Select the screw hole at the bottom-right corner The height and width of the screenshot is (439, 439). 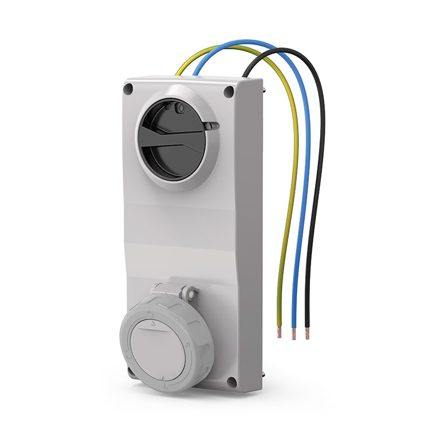(x=232, y=381)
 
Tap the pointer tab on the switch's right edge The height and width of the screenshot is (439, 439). (x=211, y=126)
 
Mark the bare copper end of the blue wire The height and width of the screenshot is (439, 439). (x=294, y=333)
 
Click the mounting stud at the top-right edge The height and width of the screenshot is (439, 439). (x=264, y=85)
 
